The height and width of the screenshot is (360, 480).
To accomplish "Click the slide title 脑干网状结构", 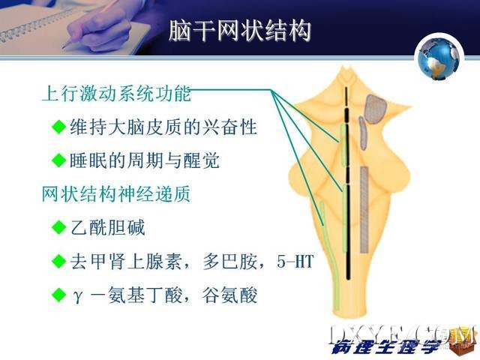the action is tap(240, 31).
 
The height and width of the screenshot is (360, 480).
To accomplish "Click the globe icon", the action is tap(439, 58).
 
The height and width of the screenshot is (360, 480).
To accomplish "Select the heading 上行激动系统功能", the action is tap(116, 93).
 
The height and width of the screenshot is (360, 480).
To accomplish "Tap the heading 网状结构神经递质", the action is tap(116, 193).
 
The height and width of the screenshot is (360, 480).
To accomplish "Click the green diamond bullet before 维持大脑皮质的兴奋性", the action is tap(59, 127).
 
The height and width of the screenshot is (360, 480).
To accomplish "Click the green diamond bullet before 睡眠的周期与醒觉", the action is tap(59, 160).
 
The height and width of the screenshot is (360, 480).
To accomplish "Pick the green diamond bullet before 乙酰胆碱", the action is tap(59, 227).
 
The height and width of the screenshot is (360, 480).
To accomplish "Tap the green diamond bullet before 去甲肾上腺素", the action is tap(59, 262).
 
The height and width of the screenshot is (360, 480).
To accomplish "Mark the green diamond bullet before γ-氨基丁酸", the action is tap(59, 295).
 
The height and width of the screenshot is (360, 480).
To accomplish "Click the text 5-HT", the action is tap(295, 262).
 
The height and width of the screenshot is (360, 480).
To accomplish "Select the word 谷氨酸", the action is tap(229, 295).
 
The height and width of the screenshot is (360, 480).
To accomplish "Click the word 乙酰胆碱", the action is tap(107, 227).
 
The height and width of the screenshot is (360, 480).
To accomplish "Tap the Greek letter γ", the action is tap(77, 296).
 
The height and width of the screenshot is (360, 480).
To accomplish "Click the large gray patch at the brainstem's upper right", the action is tap(375, 109).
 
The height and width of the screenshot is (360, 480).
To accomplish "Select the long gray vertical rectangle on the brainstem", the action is tap(364, 210).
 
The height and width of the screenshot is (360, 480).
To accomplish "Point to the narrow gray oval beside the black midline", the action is tap(362, 133).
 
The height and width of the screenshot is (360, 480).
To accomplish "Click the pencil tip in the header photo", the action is tap(63, 48).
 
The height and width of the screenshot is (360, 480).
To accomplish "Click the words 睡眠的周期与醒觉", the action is tap(145, 160).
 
